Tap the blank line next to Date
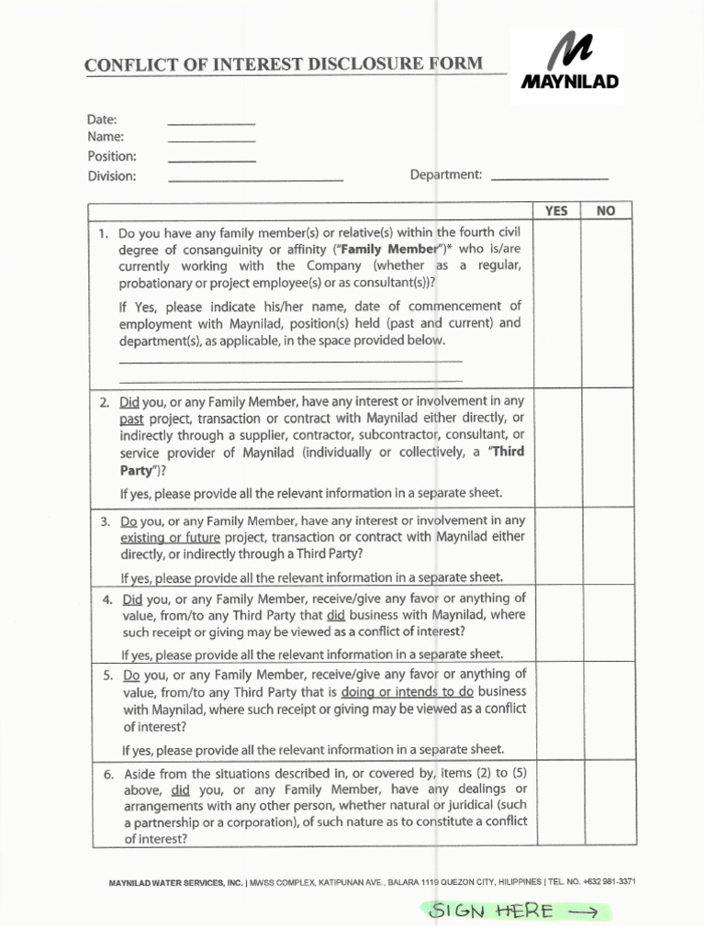click(211, 121)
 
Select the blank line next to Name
click(211, 139)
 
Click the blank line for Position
click(211, 159)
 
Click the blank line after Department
click(550, 175)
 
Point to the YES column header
click(556, 211)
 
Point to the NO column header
click(606, 211)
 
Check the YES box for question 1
click(556, 304)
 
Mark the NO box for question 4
click(606, 624)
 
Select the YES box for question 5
click(556, 711)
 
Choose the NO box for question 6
click(606, 802)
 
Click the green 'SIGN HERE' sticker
click(514, 911)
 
